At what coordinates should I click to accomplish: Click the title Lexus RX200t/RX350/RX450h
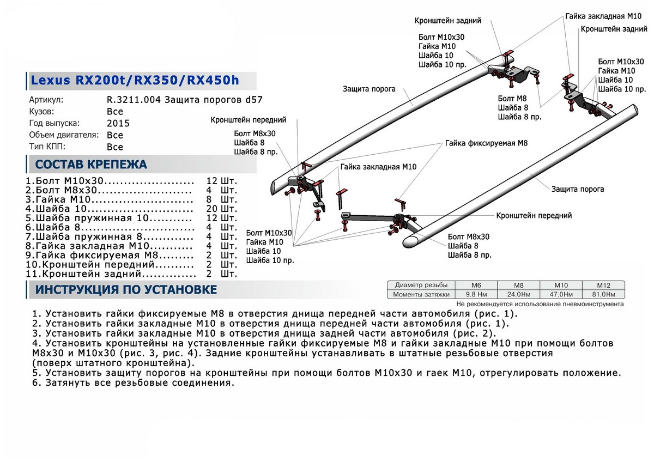(x=134, y=81)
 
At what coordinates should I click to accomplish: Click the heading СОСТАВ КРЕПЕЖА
(x=90, y=165)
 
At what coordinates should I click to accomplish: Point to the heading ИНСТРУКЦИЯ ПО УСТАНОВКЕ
(x=126, y=289)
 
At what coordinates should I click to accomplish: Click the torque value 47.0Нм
(x=560, y=295)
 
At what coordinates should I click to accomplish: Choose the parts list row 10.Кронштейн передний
(x=109, y=264)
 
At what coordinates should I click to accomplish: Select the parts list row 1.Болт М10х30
(x=109, y=181)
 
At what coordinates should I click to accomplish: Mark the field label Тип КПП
(x=48, y=147)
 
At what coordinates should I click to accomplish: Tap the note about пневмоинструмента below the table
(x=540, y=304)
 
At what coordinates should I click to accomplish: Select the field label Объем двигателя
(x=64, y=135)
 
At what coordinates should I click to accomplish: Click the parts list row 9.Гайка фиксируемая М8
(x=109, y=255)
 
